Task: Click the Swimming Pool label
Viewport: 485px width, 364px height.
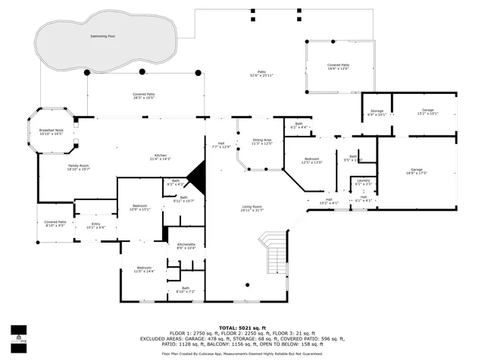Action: tap(103, 36)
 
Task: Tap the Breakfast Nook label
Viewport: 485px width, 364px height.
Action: tap(52, 130)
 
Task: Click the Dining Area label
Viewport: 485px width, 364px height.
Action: tap(262, 140)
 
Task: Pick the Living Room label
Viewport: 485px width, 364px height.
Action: tap(252, 206)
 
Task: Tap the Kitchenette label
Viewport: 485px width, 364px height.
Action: tap(186, 244)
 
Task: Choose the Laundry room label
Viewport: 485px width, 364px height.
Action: tap(363, 180)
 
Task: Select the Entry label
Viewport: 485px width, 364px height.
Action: tap(95, 224)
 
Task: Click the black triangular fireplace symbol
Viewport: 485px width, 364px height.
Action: tap(197, 178)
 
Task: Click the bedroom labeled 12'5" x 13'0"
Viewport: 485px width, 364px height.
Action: tap(311, 159)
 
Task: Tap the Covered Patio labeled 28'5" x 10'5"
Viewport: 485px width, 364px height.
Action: tap(144, 95)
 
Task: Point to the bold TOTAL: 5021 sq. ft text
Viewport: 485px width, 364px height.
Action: tap(242, 327)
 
